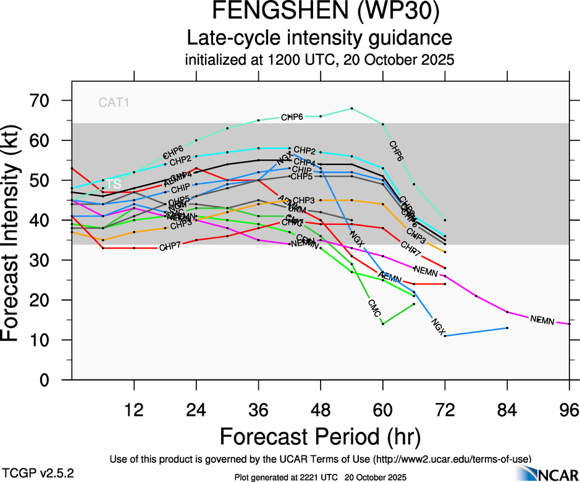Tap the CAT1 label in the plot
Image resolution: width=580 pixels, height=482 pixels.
point(114,103)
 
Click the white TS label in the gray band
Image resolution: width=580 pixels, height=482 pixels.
point(114,184)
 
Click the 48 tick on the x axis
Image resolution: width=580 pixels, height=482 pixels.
point(321,409)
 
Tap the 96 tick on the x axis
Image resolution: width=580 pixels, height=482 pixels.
point(569,409)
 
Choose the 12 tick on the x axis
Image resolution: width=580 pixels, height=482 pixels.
point(134,409)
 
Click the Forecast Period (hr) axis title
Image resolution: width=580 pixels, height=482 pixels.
point(320,436)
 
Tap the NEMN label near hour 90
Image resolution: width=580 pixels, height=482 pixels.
point(542,319)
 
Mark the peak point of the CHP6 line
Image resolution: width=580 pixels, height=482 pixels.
point(351,108)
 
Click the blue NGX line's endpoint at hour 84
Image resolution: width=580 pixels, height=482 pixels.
point(507,328)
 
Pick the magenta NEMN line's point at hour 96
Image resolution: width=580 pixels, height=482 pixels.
point(569,324)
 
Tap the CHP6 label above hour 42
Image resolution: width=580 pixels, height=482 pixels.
point(292,117)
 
